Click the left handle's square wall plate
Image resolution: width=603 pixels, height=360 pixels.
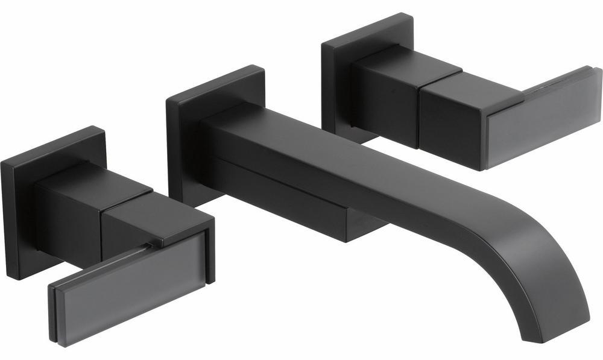click(18, 217)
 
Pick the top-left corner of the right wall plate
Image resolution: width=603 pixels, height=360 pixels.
click(323, 42)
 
